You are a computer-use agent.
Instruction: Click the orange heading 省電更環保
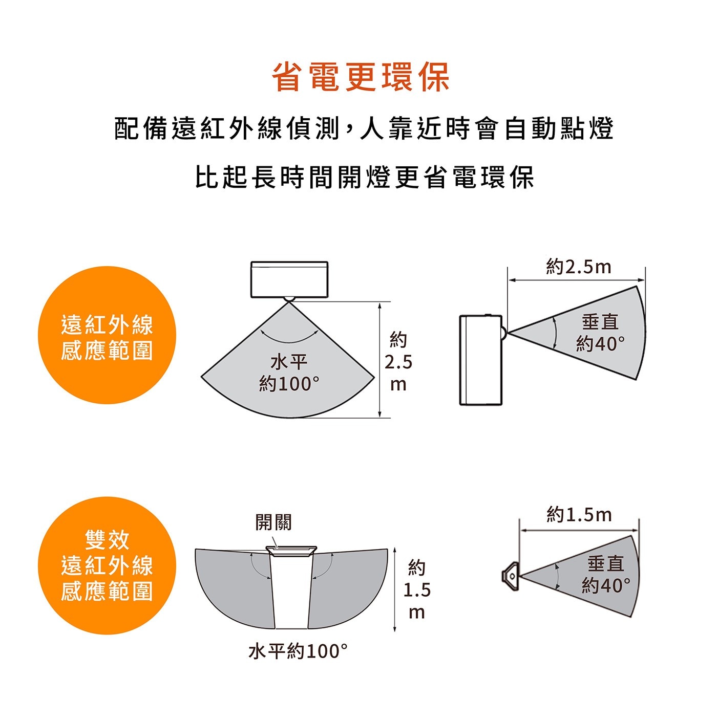pyautogui.click(x=360, y=77)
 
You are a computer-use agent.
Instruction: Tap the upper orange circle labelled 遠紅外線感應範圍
pyautogui.click(x=107, y=335)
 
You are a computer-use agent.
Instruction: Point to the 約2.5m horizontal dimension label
pyautogui.click(x=578, y=267)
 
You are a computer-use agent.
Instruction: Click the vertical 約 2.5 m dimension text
pyautogui.click(x=398, y=362)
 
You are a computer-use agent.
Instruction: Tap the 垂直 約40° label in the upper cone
pyautogui.click(x=600, y=333)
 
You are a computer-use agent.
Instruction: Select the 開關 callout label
pyautogui.click(x=273, y=522)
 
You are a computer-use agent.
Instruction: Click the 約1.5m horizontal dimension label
pyautogui.click(x=579, y=515)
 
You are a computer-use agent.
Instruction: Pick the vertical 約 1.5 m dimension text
pyautogui.click(x=416, y=589)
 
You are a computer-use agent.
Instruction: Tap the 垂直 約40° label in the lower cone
pyautogui.click(x=606, y=574)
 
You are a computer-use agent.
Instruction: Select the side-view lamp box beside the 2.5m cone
pyautogui.click(x=481, y=360)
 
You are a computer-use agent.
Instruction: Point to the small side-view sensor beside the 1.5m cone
pyautogui.click(x=510, y=577)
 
